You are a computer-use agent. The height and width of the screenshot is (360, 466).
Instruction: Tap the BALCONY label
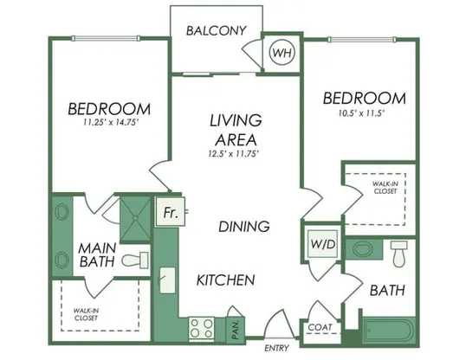[217, 30]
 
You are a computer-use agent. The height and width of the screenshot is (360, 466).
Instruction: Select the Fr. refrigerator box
[171, 212]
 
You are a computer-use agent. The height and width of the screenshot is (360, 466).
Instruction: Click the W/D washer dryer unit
[323, 244]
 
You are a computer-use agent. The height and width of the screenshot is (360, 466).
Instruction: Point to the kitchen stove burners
[202, 328]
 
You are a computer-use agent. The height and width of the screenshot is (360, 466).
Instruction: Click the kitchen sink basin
[168, 280]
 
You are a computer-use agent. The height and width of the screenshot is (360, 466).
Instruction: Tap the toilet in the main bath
[135, 260]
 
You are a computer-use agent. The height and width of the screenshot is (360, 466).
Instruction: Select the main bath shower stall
[135, 218]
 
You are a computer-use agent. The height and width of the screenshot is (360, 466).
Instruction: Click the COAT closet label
[320, 327]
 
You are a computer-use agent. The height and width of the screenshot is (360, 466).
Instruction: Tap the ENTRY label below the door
[276, 348]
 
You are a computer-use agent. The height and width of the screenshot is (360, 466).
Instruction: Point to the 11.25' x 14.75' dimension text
[111, 122]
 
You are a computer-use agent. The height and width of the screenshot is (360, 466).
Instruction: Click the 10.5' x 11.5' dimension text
[362, 113]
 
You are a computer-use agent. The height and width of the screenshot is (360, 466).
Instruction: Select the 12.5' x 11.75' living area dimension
[233, 154]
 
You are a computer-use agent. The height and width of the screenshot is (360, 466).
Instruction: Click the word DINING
[244, 227]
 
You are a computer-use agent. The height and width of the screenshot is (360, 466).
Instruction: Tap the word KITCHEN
[226, 280]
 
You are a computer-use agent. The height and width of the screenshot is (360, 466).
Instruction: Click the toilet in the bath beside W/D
[398, 254]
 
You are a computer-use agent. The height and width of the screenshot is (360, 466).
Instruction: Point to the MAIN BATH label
[97, 254]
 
